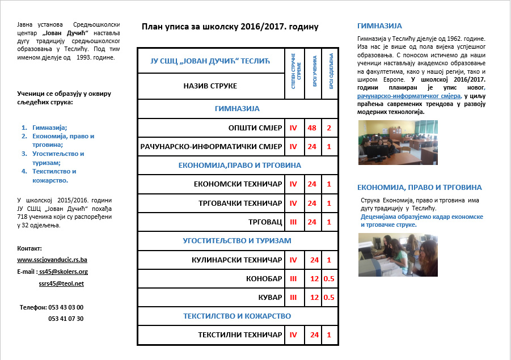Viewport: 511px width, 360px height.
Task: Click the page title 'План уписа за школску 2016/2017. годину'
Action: tap(230, 26)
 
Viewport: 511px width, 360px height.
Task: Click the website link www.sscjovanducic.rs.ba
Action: tap(52, 260)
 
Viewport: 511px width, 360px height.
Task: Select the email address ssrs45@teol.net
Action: tap(61, 283)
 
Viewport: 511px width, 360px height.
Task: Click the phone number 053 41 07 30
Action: tap(66, 319)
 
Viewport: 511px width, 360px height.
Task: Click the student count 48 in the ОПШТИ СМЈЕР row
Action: tap(312, 128)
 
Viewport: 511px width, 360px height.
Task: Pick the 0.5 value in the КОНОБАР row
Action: tap(329, 279)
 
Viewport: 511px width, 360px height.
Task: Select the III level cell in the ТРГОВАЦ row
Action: tap(293, 222)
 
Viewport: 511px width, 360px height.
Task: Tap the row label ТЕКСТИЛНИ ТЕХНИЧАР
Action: tap(240, 335)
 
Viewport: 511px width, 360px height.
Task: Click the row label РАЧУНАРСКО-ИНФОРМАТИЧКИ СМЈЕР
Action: tap(211, 147)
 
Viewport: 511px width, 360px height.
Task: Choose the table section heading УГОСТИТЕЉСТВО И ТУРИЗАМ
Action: tap(237, 240)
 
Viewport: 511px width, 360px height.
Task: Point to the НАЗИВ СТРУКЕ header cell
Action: tap(210, 86)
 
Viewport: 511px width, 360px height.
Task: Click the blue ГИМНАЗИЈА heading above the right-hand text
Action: tap(379, 26)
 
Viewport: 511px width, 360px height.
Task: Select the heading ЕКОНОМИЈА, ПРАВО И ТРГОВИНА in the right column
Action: tap(420, 187)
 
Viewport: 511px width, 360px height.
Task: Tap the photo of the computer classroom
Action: tap(390, 142)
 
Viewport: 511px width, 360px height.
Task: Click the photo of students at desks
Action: tap(390, 255)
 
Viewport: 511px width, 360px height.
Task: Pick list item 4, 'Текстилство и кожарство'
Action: tap(50, 176)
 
